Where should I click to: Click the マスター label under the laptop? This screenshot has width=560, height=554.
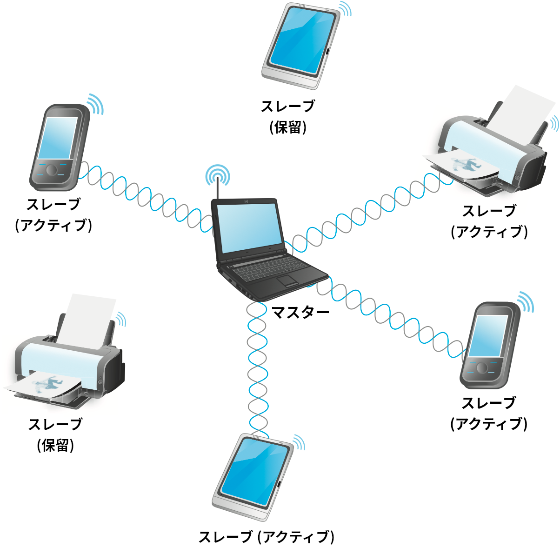[300, 312]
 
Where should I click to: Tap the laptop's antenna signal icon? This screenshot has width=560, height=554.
[217, 175]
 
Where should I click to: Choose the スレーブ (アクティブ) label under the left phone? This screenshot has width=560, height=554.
[54, 215]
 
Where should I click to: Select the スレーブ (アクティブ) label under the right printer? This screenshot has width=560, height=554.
[489, 221]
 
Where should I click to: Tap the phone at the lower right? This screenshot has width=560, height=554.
[488, 344]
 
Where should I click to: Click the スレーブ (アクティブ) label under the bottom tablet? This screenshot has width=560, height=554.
[267, 537]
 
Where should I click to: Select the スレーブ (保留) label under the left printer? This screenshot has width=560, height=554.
[55, 435]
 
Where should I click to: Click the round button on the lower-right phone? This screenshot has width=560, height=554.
[481, 368]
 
